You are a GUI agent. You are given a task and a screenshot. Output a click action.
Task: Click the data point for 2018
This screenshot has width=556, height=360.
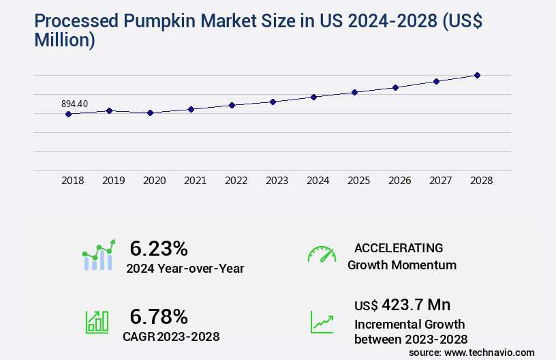[68, 114]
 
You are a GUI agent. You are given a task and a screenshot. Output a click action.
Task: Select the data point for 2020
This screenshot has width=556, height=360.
[150, 112]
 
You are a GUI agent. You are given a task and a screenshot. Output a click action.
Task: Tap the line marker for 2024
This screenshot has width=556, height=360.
[313, 97]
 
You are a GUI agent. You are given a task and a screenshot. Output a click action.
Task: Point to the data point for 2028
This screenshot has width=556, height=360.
[477, 75]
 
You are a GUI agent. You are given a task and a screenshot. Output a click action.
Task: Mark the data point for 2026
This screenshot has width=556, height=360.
[395, 87]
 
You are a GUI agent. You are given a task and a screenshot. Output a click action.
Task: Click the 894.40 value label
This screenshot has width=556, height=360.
[74, 104]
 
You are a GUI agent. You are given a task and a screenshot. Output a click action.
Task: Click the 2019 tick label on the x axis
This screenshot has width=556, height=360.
[113, 181]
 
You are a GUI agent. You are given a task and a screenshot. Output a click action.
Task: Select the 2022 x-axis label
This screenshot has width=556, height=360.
[236, 181]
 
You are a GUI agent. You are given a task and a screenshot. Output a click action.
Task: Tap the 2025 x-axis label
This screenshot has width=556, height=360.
[358, 181]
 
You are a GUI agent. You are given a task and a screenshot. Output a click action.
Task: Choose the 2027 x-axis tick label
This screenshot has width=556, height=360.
[440, 181]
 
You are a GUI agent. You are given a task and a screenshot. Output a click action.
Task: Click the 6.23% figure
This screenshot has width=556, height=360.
[159, 248]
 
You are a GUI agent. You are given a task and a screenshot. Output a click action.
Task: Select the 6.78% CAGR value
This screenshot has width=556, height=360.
[159, 316]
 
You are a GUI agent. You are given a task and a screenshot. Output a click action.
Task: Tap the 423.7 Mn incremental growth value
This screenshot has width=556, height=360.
[416, 305]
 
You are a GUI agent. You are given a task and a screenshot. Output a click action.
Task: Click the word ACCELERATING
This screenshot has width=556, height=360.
[399, 247]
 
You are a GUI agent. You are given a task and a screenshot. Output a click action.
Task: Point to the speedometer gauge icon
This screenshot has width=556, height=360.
[322, 254]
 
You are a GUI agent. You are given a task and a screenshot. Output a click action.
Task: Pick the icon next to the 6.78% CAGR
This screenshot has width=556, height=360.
[97, 322]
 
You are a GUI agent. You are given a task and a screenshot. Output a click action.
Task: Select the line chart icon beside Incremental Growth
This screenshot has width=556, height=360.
[322, 322]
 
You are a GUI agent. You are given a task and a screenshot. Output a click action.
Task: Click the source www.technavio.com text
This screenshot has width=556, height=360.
[472, 352]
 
